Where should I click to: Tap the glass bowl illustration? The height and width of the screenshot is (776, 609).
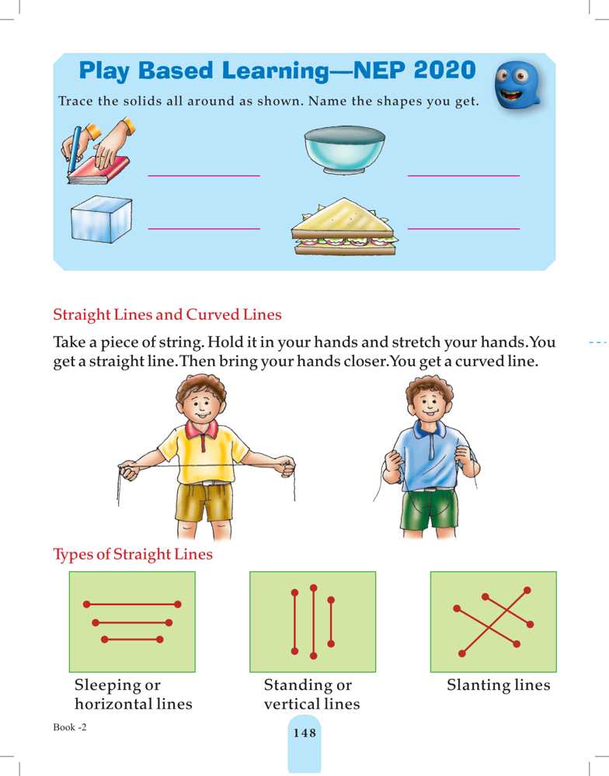[345, 149]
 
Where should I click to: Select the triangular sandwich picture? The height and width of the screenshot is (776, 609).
[344, 227]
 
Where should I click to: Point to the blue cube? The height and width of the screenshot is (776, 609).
[101, 219]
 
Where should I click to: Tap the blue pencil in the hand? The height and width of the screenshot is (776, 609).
[74, 148]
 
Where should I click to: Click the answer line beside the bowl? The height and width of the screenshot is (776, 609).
[463, 175]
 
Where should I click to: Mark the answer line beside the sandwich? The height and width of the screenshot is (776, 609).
[463, 229]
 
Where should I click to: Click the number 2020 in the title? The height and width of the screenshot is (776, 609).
[444, 71]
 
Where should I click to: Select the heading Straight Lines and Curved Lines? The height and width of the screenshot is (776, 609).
[167, 315]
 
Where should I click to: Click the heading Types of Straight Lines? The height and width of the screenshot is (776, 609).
[133, 554]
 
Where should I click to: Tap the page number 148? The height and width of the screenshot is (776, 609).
[304, 733]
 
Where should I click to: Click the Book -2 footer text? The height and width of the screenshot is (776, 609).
[70, 727]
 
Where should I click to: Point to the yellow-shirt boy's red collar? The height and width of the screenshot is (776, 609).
[202, 430]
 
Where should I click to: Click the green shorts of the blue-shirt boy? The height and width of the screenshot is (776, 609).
[429, 508]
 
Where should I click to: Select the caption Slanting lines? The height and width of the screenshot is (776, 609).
[499, 685]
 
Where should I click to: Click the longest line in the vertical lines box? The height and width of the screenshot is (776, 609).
[313, 622]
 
